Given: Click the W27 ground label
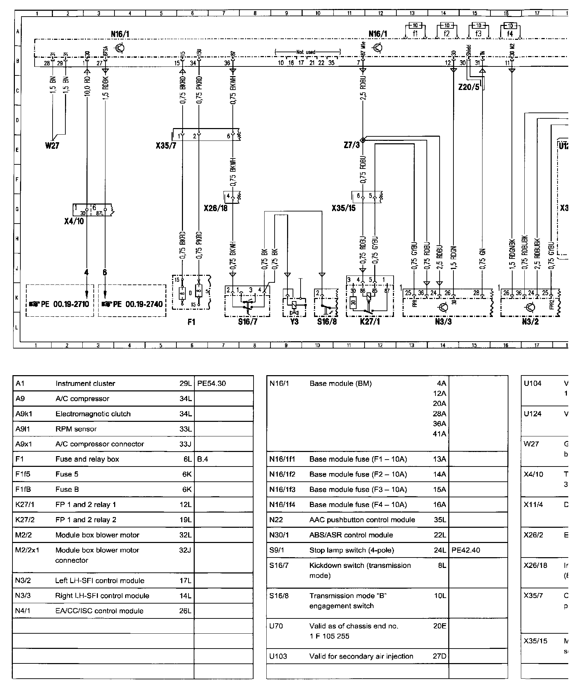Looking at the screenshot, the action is coord(52,146).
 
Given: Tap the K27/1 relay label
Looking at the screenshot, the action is coord(370,322).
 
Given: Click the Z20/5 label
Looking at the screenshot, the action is coord(469,87).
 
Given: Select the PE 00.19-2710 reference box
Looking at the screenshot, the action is coord(60,304).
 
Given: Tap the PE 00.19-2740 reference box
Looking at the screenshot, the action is coord(132,304).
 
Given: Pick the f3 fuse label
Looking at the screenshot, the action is coord(478,34).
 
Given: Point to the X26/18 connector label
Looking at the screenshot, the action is coord(216,208).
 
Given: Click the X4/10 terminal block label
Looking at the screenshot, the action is coord(74,221).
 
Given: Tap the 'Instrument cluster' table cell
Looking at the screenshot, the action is coord(85,383).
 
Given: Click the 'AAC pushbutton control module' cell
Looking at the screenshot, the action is coord(362,520).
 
